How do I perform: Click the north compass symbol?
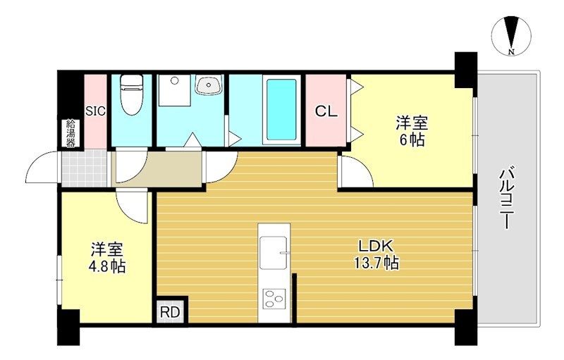click(x=511, y=37)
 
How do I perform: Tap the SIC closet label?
click(x=96, y=111)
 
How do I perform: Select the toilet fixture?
click(x=131, y=94)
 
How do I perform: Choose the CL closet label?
click(x=326, y=111)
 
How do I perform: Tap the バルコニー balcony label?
click(x=506, y=199)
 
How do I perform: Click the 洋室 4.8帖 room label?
click(x=107, y=258)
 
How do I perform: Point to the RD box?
click(x=170, y=312)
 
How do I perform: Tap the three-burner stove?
click(x=274, y=299)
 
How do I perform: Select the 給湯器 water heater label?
click(x=70, y=133)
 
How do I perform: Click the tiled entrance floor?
click(x=84, y=168)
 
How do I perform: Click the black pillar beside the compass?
click(x=466, y=70)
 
